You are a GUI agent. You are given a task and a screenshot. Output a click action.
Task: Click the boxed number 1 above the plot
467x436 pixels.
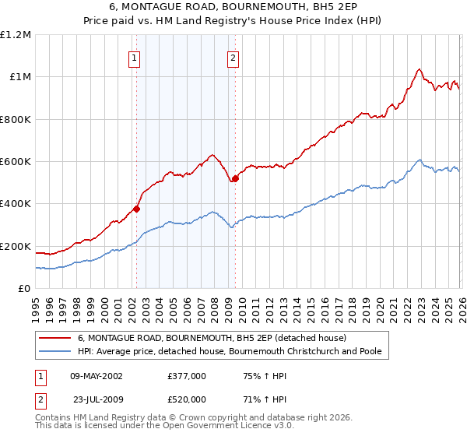[x=135, y=57]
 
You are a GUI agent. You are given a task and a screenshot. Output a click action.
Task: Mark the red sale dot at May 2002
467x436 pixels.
[x=136, y=209]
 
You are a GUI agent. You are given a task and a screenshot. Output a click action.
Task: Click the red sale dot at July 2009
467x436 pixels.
[x=235, y=178]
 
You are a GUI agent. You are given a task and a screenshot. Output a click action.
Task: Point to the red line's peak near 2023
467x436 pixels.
[x=420, y=69]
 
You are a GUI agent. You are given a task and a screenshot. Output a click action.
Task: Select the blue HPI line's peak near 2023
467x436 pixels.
[x=420, y=160]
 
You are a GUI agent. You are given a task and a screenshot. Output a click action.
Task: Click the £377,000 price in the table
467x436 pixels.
[x=187, y=375]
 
